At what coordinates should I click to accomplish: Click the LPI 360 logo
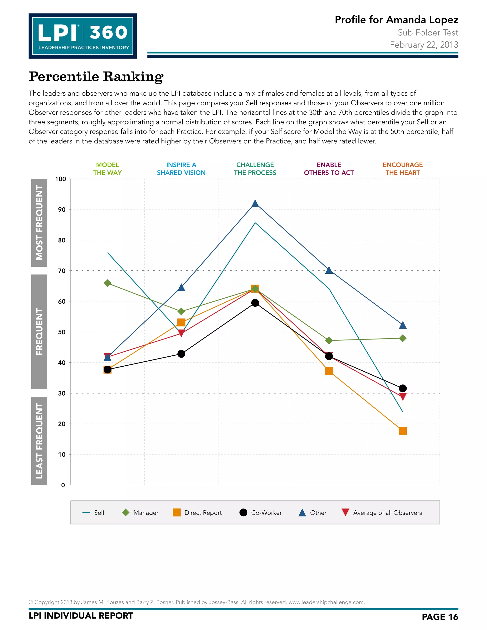click(83, 36)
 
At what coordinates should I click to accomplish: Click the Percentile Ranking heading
click(96, 77)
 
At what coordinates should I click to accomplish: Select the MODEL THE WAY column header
click(107, 169)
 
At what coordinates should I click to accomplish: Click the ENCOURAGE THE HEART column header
click(403, 169)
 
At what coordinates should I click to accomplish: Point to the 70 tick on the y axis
click(62, 271)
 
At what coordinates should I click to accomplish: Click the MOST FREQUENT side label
click(39, 223)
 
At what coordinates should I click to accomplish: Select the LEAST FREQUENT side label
click(39, 441)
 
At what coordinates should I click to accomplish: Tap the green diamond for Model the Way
click(107, 283)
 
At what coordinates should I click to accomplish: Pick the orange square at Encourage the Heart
click(403, 431)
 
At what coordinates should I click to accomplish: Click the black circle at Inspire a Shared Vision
click(181, 354)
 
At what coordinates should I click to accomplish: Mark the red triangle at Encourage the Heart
click(403, 397)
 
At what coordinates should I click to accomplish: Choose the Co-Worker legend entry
click(261, 513)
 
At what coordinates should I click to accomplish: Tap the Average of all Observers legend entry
click(382, 513)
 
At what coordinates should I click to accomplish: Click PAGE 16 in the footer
click(440, 617)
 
